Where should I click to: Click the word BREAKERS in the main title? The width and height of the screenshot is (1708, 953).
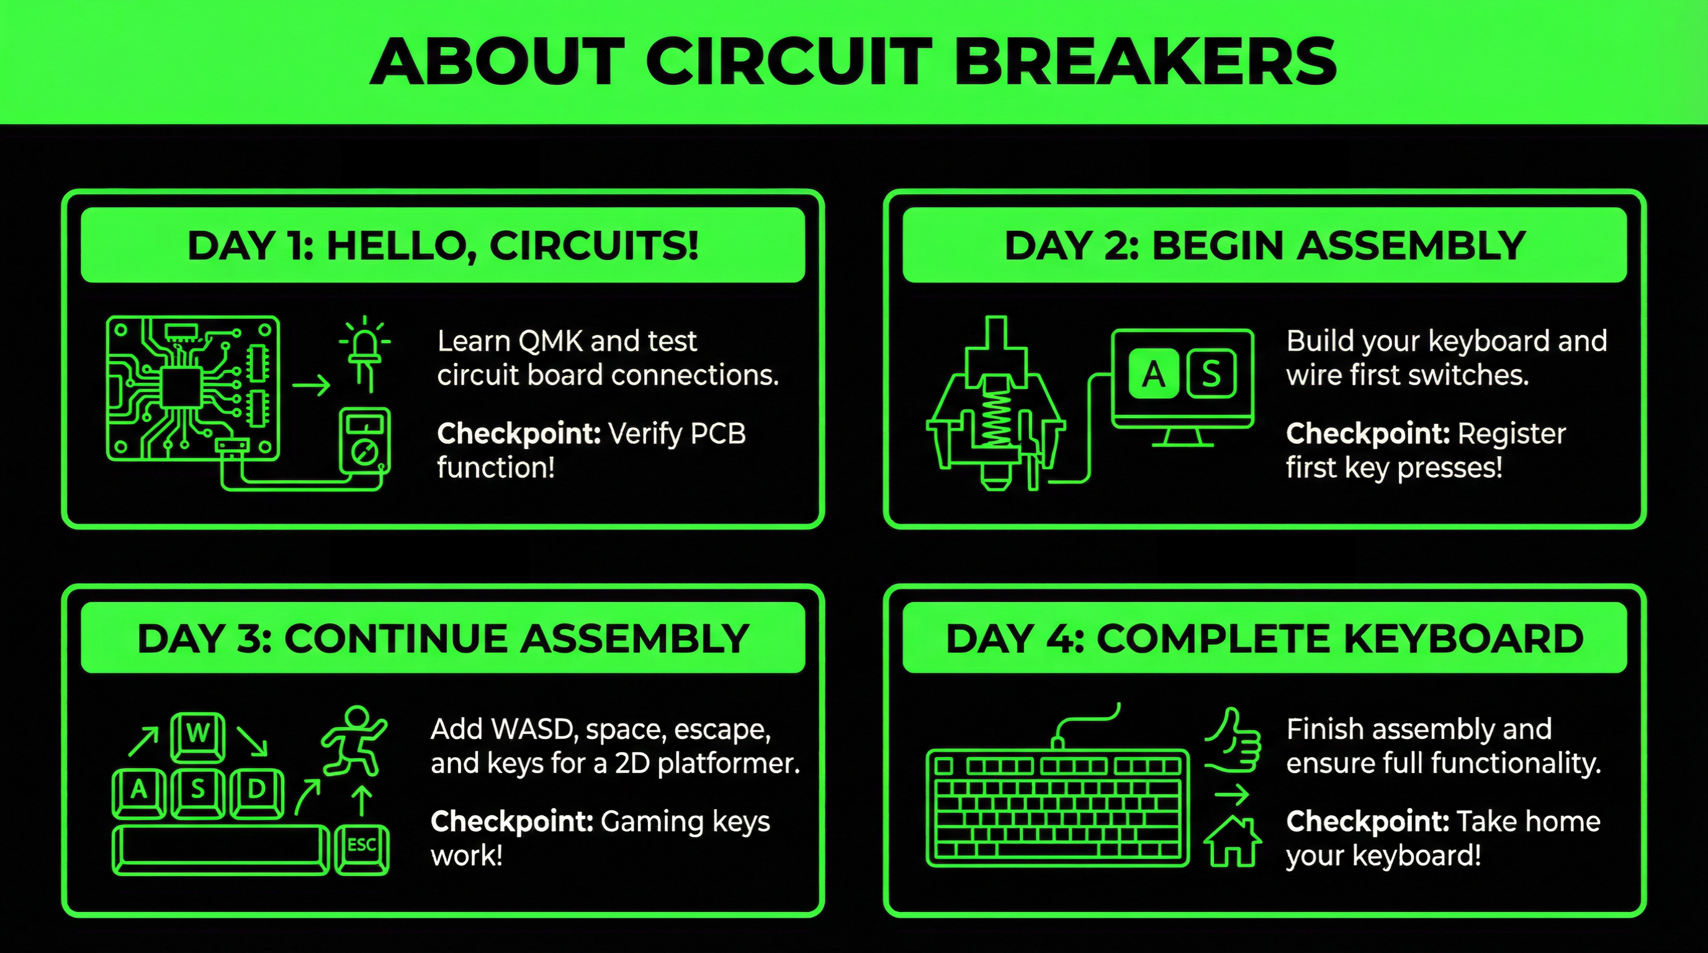(1145, 61)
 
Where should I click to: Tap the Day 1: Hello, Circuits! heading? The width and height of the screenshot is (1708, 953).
(443, 246)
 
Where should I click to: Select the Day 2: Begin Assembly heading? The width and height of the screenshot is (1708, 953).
(1265, 246)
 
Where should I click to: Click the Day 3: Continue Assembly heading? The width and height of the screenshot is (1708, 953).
(443, 639)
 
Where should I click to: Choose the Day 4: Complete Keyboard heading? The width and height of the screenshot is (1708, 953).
(1265, 639)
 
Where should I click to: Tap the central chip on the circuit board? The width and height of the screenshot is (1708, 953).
(181, 388)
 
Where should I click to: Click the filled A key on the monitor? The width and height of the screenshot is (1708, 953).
(1154, 375)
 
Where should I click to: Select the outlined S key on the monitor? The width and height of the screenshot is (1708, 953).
(1211, 375)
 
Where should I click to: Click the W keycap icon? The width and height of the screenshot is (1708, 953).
(197, 736)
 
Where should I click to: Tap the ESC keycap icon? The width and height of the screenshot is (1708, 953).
(362, 849)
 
